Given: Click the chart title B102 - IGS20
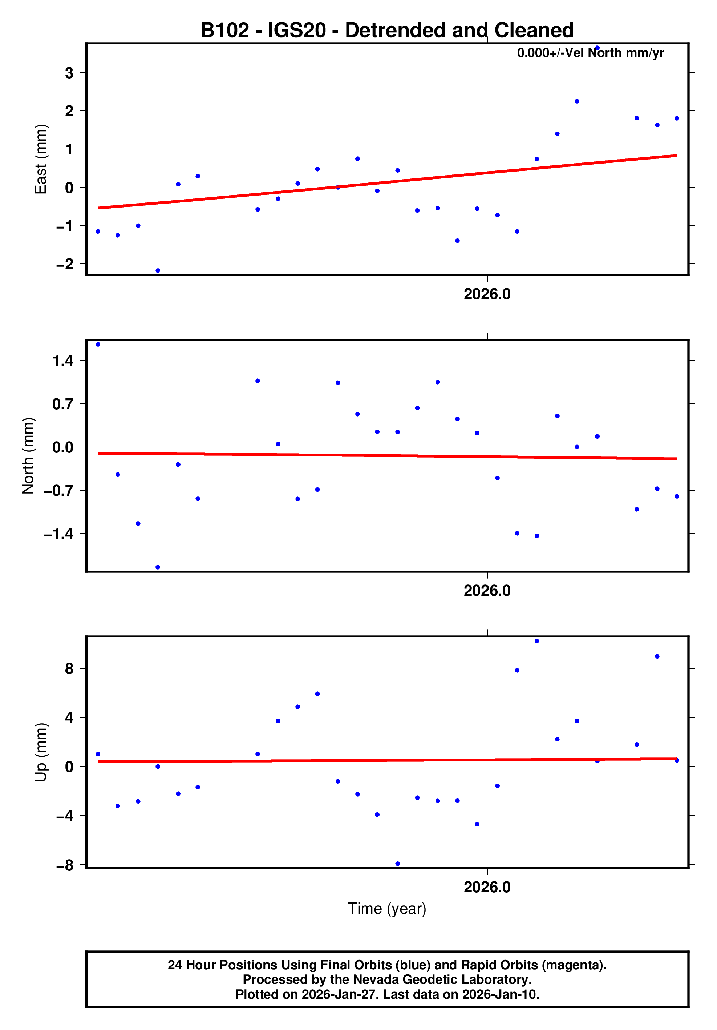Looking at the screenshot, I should click(x=386, y=31).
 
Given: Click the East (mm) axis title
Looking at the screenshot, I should click(x=41, y=159).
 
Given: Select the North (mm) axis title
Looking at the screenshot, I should click(x=28, y=456).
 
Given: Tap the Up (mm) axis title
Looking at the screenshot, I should click(x=41, y=752).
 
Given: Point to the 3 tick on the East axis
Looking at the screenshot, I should click(x=69, y=73).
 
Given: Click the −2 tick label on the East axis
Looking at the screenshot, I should click(x=65, y=264).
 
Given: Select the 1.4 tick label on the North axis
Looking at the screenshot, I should click(x=63, y=361).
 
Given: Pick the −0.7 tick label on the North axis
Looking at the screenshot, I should click(x=58, y=490).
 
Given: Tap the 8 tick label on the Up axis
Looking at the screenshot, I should click(x=69, y=669).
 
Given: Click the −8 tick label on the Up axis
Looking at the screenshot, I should click(x=65, y=865).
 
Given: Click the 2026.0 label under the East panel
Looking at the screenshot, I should click(x=487, y=294).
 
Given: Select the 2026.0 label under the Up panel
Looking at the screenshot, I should click(x=487, y=887).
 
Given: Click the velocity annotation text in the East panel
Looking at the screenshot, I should click(x=590, y=53).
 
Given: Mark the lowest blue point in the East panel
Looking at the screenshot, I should click(x=158, y=270).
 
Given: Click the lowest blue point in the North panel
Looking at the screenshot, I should click(x=158, y=567).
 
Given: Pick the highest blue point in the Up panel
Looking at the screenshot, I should click(x=537, y=641).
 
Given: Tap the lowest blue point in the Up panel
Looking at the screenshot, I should click(x=397, y=864).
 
